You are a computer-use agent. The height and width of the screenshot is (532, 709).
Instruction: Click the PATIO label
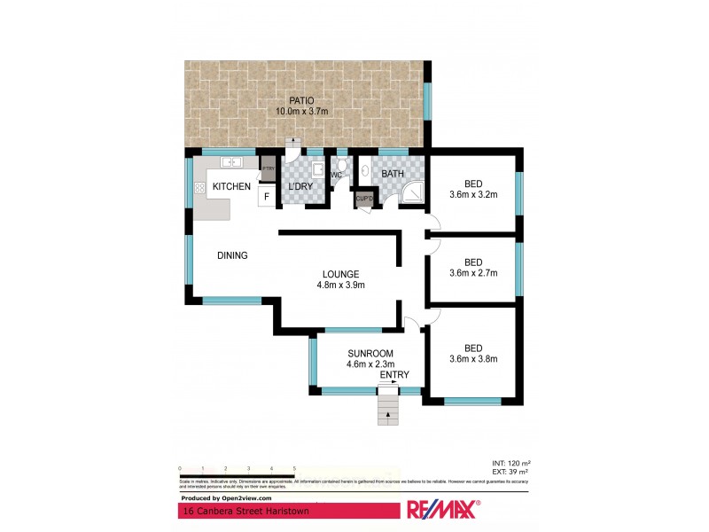299,100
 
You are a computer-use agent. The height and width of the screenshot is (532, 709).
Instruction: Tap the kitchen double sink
233,163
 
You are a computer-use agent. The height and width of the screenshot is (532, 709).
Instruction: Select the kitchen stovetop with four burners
199,187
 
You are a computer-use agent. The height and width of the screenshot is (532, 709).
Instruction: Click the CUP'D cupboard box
364,199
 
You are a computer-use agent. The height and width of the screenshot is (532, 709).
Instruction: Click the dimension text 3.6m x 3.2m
473,194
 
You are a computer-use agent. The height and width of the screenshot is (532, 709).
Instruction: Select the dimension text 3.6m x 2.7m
473,273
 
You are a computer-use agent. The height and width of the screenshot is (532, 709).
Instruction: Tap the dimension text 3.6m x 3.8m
473,358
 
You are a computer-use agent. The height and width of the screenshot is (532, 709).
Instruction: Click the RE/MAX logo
442,510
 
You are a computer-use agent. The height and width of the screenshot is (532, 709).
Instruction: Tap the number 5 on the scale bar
294,467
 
